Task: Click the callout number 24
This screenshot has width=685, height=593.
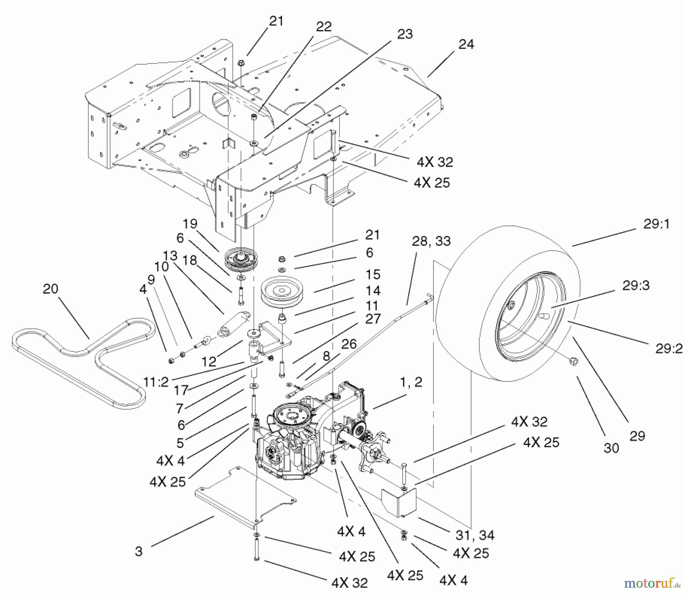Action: coord(466,45)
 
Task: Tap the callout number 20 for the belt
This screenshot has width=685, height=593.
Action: coord(50,289)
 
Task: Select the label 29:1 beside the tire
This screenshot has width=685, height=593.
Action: coord(656,224)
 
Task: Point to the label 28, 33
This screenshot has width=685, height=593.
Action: coord(431,241)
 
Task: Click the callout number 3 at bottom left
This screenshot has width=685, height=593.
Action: coord(139,551)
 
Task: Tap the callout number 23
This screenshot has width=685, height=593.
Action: coord(405,34)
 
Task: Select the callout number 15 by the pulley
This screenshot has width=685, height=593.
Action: coord(373,274)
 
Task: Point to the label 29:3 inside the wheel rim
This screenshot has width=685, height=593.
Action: coord(636,285)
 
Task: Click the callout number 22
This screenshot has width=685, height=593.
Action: coord(323,26)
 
